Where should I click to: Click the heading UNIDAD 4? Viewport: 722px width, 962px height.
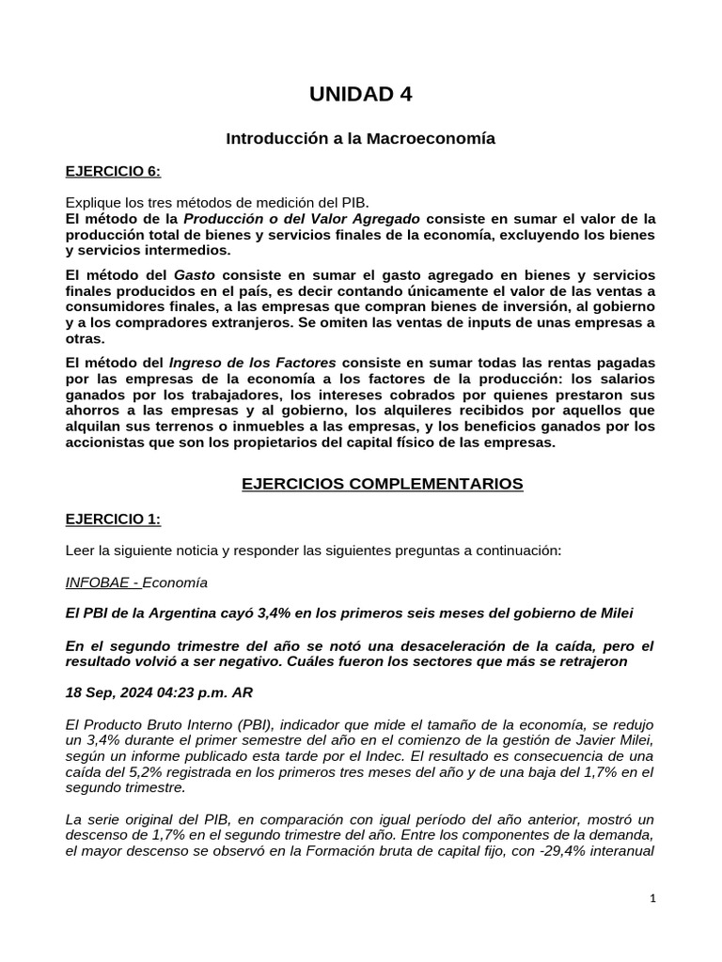[x=360, y=94]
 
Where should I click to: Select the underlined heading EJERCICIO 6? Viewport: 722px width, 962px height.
[x=113, y=171]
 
